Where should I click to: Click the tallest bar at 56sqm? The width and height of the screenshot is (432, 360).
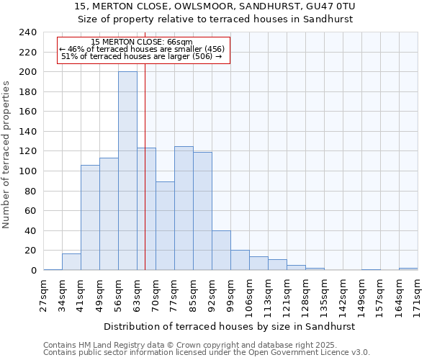[x=127, y=171]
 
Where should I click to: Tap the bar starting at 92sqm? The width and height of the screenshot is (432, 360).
[x=221, y=250]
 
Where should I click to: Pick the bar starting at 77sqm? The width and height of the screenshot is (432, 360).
[x=184, y=208]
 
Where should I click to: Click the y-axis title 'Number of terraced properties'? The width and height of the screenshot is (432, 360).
[x=7, y=155]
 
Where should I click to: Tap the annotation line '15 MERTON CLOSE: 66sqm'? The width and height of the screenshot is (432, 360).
[x=143, y=42]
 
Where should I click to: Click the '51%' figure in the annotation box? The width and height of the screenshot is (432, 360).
[x=69, y=55]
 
